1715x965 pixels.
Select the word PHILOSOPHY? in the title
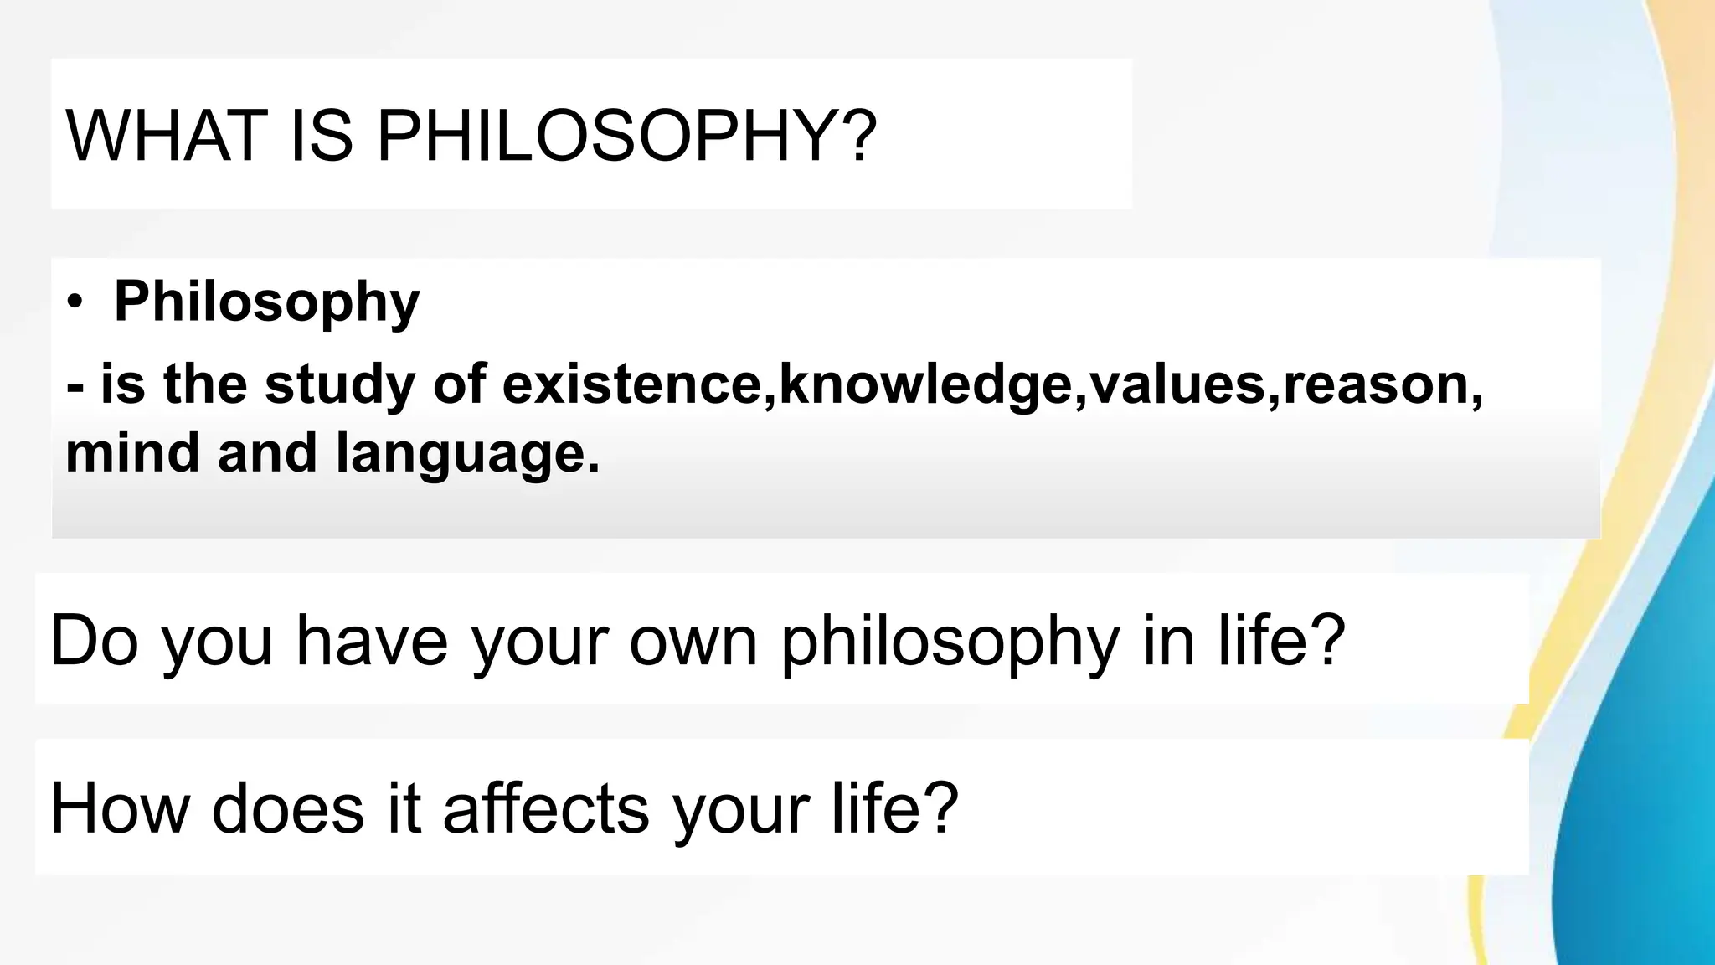626,136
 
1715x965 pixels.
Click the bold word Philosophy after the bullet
266,302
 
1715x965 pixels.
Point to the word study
340,384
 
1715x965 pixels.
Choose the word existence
632,384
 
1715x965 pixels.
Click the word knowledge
925,384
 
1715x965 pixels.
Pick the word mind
132,452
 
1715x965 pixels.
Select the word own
693,641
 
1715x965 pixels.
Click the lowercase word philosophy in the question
950,642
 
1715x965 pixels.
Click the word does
288,808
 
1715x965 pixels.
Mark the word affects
546,808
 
